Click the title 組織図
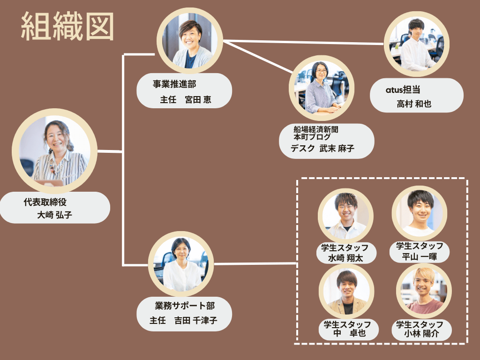point(68,27)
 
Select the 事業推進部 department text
point(174,84)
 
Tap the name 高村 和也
point(414,104)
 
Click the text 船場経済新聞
point(316,130)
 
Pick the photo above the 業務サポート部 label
point(181,263)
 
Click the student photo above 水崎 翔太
point(346,215)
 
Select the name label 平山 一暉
point(420,256)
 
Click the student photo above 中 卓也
point(346,292)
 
